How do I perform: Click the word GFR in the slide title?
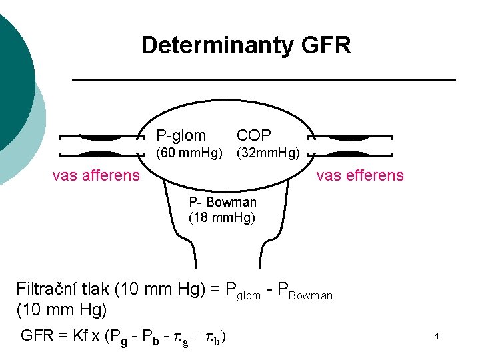point(326,46)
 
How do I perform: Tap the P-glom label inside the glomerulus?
point(181,135)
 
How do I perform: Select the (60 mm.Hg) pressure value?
point(189,154)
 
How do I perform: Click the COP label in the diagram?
point(254,135)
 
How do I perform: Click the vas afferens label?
point(96,175)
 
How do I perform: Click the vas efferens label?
point(360,175)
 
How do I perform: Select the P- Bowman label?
point(223,202)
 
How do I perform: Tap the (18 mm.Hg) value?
point(222,217)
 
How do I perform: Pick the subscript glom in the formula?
point(249,295)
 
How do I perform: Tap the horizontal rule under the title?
point(263,80)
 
